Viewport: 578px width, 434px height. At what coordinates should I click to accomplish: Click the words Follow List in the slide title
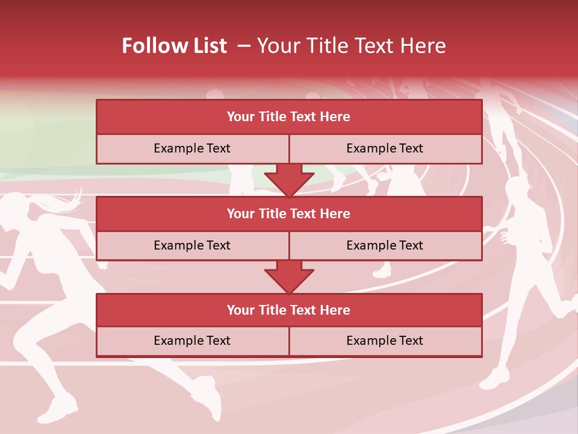(174, 46)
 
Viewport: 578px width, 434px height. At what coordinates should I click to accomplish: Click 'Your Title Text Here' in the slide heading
(351, 46)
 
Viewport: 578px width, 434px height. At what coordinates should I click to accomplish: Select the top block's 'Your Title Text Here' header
(288, 117)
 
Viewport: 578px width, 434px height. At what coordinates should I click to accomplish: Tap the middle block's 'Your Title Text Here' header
(288, 213)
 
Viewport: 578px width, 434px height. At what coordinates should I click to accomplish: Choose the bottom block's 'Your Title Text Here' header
(288, 310)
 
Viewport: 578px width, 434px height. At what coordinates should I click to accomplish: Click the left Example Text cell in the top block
(192, 148)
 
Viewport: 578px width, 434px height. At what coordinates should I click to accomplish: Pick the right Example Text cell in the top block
(385, 148)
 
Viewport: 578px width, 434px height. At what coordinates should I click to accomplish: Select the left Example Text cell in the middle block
(192, 245)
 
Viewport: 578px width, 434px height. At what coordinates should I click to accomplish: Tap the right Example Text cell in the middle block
(385, 245)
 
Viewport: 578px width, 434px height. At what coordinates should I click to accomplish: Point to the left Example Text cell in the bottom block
(192, 341)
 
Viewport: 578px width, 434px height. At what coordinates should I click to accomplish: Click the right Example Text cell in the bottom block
(385, 341)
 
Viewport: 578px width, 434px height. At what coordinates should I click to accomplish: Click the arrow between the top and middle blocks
(289, 180)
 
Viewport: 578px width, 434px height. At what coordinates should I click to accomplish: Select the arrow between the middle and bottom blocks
(289, 277)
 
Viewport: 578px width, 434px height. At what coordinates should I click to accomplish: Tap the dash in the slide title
(244, 46)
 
